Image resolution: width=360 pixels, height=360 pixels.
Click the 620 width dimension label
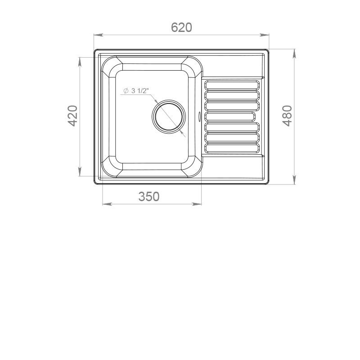[181, 27]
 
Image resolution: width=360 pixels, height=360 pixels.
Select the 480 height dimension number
[287, 116]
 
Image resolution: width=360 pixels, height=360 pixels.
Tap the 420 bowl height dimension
[72, 116]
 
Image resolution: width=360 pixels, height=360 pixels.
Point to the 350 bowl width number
[149, 197]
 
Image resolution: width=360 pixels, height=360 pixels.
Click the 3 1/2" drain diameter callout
[136, 91]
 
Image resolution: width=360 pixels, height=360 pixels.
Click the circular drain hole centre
[169, 117]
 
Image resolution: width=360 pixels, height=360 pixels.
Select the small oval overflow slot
[199, 116]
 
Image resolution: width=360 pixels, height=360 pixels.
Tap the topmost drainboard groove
[232, 85]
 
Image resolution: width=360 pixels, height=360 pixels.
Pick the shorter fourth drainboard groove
[230, 117]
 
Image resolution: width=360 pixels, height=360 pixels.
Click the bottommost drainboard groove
[232, 148]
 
